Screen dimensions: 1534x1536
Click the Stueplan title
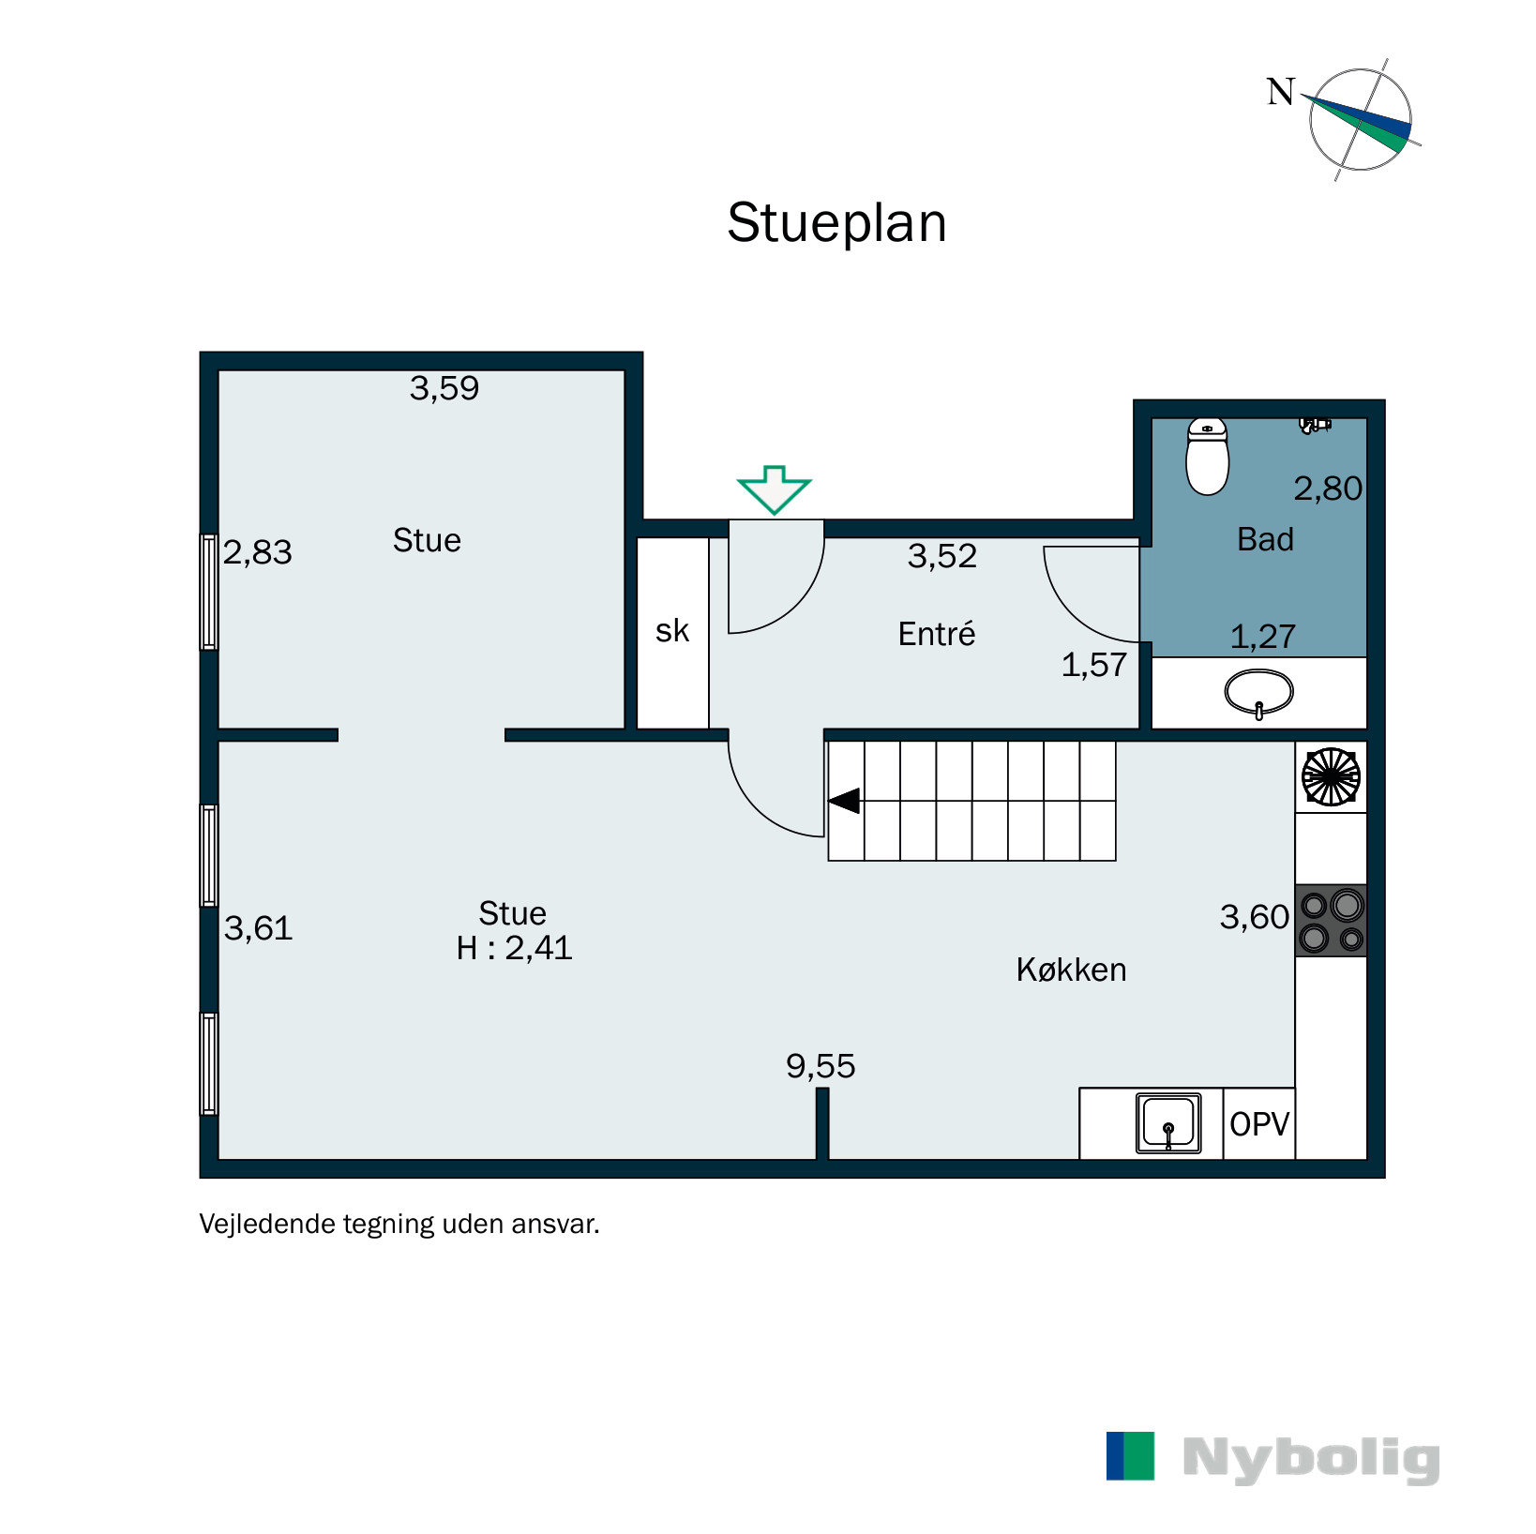click(836, 223)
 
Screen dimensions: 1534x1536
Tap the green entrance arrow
click(774, 489)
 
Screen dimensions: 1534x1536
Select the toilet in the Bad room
click(1207, 457)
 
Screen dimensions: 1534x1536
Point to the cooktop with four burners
click(1330, 921)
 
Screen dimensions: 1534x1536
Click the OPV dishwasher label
click(1258, 1124)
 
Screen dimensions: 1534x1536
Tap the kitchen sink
click(1168, 1122)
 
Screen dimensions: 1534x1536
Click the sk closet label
click(671, 631)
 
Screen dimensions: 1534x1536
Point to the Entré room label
click(936, 635)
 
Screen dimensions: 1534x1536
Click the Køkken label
click(1071, 970)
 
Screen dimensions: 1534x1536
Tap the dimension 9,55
click(821, 1066)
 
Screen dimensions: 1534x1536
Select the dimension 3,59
click(444, 388)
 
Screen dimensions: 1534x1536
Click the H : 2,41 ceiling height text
click(514, 948)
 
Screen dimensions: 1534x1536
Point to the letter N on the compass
click(1280, 92)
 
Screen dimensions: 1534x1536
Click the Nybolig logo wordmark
click(1310, 1458)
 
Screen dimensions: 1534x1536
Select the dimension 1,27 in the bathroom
click(1262, 637)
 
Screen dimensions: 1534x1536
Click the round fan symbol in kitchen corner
click(1331, 776)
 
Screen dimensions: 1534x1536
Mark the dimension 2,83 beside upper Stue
click(257, 552)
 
